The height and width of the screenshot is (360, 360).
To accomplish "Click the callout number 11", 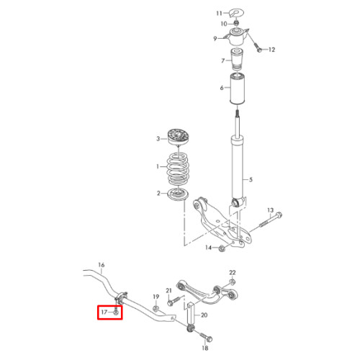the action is [x=219, y=13].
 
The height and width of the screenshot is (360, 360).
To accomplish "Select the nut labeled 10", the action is [x=236, y=23].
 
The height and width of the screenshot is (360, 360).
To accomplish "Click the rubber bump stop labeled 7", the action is [x=237, y=59].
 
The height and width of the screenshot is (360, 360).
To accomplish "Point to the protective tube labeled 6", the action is [x=237, y=89].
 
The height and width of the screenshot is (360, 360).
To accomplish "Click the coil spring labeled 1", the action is [x=178, y=169].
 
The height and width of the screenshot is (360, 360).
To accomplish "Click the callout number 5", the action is [x=251, y=179].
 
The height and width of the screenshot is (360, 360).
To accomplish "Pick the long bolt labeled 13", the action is [x=271, y=220].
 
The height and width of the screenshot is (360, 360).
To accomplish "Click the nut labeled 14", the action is [x=222, y=248].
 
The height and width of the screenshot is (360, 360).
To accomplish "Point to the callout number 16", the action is [x=102, y=265].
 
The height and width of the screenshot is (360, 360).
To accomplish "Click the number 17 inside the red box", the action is [x=104, y=312].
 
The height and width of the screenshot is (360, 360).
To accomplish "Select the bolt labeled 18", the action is [x=206, y=336].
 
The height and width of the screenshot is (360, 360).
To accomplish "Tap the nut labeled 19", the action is [x=156, y=308].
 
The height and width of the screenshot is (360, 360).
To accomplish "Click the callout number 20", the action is [x=204, y=315].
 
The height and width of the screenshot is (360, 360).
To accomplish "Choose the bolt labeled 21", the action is [x=174, y=301].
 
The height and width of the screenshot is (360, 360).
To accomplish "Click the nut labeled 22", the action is [x=232, y=282].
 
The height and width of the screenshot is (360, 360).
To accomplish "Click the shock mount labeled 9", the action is [x=237, y=37].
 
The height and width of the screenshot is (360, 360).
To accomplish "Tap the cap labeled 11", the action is [x=236, y=13].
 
